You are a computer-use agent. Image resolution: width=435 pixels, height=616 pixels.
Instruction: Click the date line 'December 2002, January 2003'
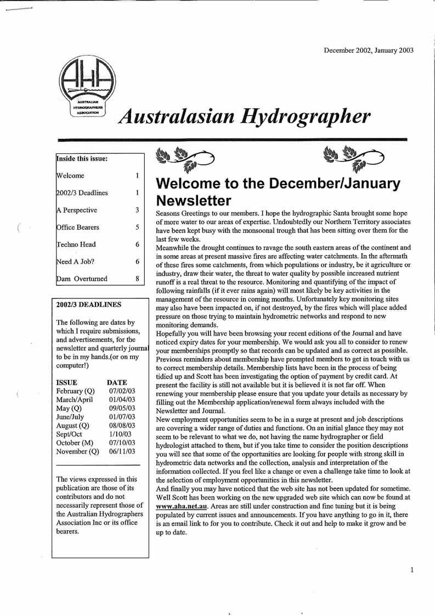[369, 50]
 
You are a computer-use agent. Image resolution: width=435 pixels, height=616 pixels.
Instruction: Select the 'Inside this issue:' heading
[82, 159]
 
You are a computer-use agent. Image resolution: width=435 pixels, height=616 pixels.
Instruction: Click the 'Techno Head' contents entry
[76, 245]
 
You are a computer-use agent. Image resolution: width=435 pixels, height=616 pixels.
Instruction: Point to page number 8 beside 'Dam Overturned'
[137, 279]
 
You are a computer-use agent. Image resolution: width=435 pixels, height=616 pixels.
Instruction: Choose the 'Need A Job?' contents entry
[75, 262]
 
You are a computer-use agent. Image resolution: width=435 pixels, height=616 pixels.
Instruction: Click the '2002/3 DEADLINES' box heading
[89, 304]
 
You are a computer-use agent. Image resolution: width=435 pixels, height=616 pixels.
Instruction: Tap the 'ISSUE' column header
[67, 382]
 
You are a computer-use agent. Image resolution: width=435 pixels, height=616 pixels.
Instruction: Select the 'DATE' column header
[117, 382]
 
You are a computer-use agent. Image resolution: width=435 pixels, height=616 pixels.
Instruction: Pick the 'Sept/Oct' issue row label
[70, 434]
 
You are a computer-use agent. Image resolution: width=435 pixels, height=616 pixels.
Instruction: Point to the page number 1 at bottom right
[412, 570]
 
